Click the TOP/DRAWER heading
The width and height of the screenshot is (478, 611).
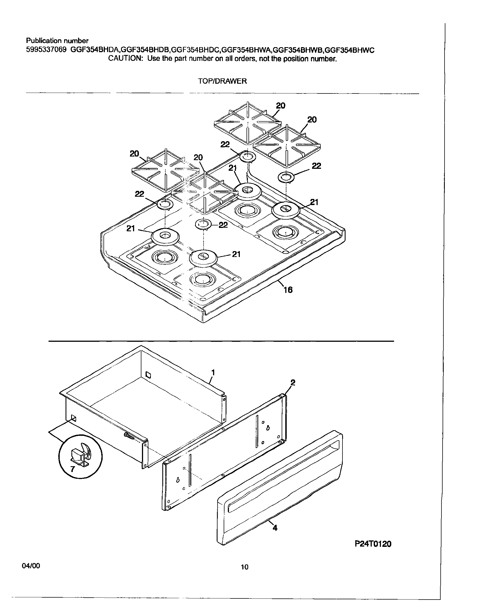click(222, 81)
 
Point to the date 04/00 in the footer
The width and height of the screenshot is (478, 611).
click(31, 566)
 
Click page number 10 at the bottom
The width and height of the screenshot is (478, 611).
click(244, 567)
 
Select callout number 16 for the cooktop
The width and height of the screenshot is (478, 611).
click(288, 290)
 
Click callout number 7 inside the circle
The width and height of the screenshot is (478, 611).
click(73, 469)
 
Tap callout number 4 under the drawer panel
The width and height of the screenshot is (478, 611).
click(275, 528)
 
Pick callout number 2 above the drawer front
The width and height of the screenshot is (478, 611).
click(293, 383)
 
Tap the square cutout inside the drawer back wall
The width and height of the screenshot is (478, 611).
click(149, 374)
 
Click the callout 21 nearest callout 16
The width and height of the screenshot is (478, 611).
click(236, 254)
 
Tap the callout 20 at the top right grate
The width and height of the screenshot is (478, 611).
click(312, 120)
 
